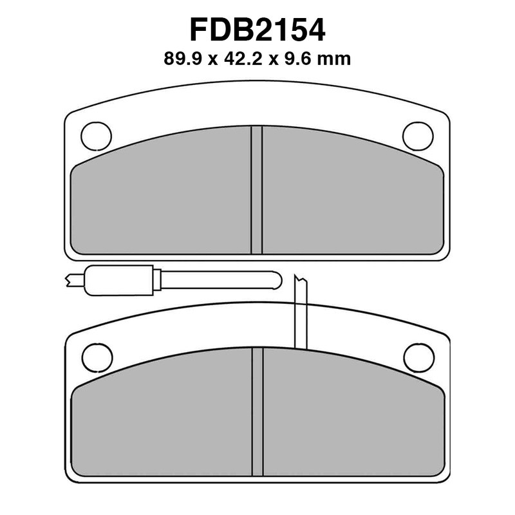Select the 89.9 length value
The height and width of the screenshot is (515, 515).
(182, 60)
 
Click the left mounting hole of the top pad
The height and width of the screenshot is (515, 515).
(96, 136)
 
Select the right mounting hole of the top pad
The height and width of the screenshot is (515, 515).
(418, 135)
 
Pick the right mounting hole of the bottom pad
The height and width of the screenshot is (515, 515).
(418, 357)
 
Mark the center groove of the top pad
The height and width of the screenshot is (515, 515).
(257, 189)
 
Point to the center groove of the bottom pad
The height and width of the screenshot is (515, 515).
(257, 412)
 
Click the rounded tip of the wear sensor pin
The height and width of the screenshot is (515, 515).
(277, 280)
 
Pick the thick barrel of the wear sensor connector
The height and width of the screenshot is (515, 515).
(122, 280)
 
